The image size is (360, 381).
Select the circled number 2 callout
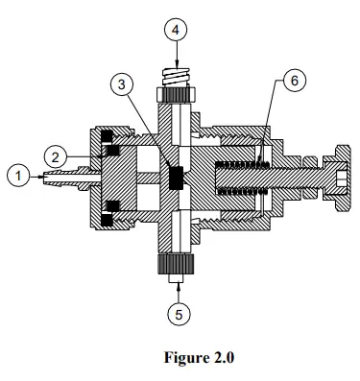click(x=57, y=154)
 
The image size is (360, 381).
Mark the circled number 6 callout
click(x=296, y=80)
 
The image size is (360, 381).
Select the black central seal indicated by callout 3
click(x=176, y=178)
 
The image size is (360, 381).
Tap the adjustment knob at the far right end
click(x=341, y=179)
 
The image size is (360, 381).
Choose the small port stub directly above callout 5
click(x=176, y=281)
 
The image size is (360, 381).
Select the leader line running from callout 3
click(x=146, y=129)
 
